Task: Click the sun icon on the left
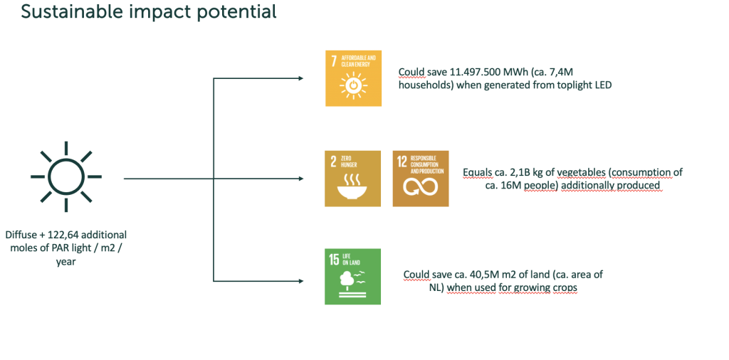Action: click(x=66, y=176)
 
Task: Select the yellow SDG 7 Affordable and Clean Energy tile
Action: click(x=353, y=78)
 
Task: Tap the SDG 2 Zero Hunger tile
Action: click(x=352, y=179)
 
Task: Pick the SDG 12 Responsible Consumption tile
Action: click(x=421, y=179)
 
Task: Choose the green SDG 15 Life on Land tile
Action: click(x=352, y=276)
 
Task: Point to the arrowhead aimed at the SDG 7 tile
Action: click(x=300, y=78)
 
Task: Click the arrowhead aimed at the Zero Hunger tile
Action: click(x=300, y=179)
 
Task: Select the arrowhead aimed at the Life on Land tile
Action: click(x=300, y=280)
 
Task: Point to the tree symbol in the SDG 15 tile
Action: click(x=345, y=279)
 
